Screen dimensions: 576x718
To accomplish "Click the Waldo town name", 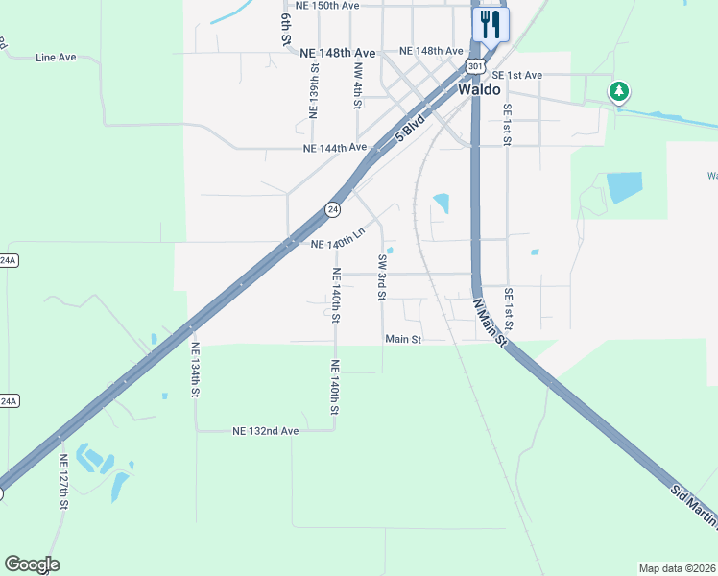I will [x=479, y=88].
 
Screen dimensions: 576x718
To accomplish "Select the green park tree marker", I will [x=620, y=92].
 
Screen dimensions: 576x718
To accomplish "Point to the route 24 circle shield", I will [x=332, y=208].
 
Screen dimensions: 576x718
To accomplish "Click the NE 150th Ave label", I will [x=327, y=6].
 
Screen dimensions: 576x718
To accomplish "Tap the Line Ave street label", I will [x=56, y=58].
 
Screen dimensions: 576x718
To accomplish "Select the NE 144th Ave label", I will [x=335, y=148].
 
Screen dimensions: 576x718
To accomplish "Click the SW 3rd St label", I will [x=382, y=276].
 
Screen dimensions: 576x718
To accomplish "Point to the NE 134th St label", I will [x=195, y=371].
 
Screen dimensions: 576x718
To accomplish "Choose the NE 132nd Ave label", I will [x=266, y=431].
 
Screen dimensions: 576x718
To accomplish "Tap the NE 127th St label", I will [x=63, y=481].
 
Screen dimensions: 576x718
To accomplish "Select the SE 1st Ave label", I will [x=516, y=75].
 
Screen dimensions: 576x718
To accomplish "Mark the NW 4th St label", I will [x=357, y=84].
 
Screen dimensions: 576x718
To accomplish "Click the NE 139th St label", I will [x=314, y=91].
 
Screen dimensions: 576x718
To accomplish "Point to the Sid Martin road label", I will [x=693, y=504].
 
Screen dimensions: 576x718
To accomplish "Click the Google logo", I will [x=32, y=564].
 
